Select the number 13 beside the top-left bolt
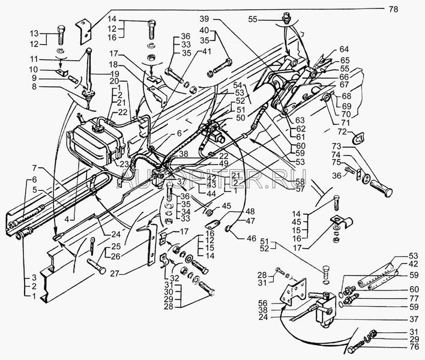click(34, 34)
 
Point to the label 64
click(344, 49)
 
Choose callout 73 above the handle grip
click(337, 147)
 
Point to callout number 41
click(207, 52)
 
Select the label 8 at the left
click(34, 88)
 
